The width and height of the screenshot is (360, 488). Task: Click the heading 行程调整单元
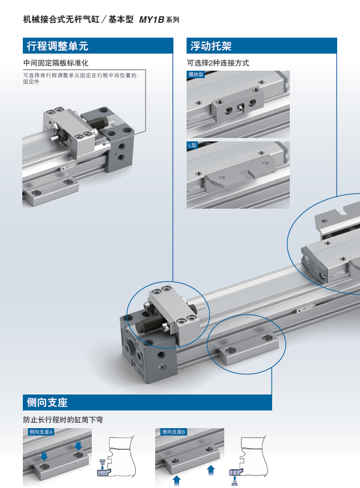58,46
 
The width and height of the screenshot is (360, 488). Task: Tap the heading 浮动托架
211,46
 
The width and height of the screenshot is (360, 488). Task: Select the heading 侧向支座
47,402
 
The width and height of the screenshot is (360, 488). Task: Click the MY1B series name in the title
151,19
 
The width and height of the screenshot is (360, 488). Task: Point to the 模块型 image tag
196,74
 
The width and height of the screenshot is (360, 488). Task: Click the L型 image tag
192,145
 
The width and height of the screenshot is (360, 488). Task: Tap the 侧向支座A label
41,432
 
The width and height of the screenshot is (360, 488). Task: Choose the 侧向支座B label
173,432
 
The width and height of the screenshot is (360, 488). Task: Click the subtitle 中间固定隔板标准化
56,63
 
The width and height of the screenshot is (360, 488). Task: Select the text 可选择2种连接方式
218,63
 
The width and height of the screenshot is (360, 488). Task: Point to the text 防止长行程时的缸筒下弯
63,420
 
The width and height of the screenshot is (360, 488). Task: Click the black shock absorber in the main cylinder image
149,326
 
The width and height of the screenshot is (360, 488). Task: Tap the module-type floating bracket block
237,104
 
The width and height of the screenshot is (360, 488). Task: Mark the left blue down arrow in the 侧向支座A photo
45,456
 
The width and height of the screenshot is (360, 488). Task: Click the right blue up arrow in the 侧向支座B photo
211,470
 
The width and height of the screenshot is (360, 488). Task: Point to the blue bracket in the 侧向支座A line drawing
104,472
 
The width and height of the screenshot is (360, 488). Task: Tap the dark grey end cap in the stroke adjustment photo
120,144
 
